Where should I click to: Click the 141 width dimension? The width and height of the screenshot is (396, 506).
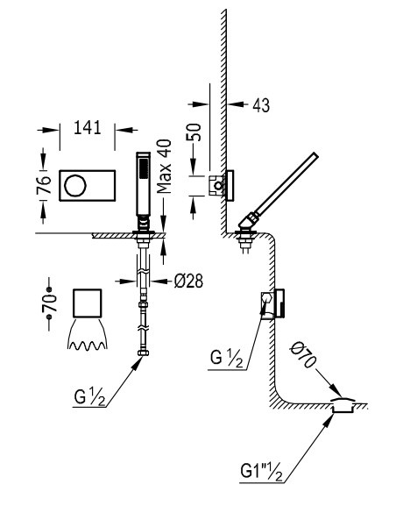(88, 127)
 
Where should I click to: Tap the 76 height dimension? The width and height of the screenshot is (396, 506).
(44, 185)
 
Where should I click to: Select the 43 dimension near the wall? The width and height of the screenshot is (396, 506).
(261, 105)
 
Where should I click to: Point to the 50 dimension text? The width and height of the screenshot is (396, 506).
(194, 132)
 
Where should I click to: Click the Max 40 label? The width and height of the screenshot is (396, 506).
(164, 167)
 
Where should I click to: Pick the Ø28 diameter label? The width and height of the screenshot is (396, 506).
(188, 282)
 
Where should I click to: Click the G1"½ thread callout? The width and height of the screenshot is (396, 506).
(261, 472)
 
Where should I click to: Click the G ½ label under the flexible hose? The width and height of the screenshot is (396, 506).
(89, 396)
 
